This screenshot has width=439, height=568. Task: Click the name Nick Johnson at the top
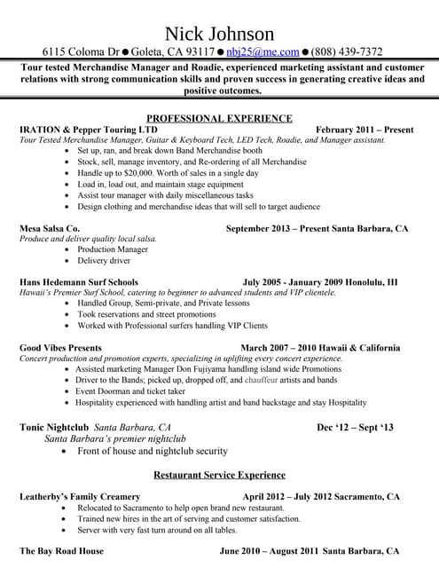pyautogui.click(x=219, y=32)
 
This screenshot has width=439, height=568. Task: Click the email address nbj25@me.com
pyautogui.click(x=263, y=51)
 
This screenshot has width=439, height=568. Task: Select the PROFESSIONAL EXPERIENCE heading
pyautogui.click(x=219, y=118)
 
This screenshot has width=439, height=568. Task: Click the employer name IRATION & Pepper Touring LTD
pyautogui.click(x=81, y=130)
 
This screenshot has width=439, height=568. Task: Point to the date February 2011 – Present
pyautogui.click(x=364, y=130)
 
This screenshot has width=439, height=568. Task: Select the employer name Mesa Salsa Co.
pyautogui.click(x=50, y=228)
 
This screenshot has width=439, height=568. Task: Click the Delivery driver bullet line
pyautogui.click(x=103, y=261)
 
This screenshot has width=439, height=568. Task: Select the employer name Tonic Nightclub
pyautogui.click(x=55, y=427)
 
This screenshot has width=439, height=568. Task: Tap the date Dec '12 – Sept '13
pyautogui.click(x=355, y=427)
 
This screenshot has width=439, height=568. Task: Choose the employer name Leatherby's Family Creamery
pyautogui.click(x=80, y=496)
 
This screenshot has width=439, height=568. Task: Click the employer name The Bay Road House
pyautogui.click(x=61, y=551)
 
